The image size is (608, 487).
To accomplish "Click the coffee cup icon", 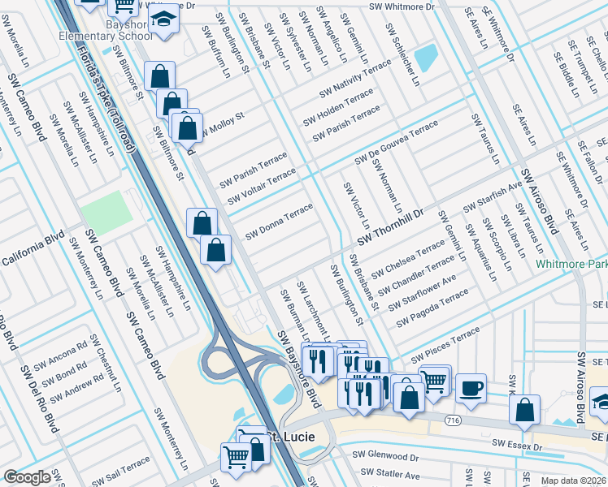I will (471, 388).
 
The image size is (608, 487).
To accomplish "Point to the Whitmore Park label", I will (571, 265).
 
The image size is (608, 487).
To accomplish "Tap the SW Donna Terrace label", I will (279, 221).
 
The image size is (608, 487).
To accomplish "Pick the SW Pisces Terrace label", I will (445, 347).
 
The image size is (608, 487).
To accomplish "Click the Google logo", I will (27, 477).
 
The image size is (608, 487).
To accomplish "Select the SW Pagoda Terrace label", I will (433, 311).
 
